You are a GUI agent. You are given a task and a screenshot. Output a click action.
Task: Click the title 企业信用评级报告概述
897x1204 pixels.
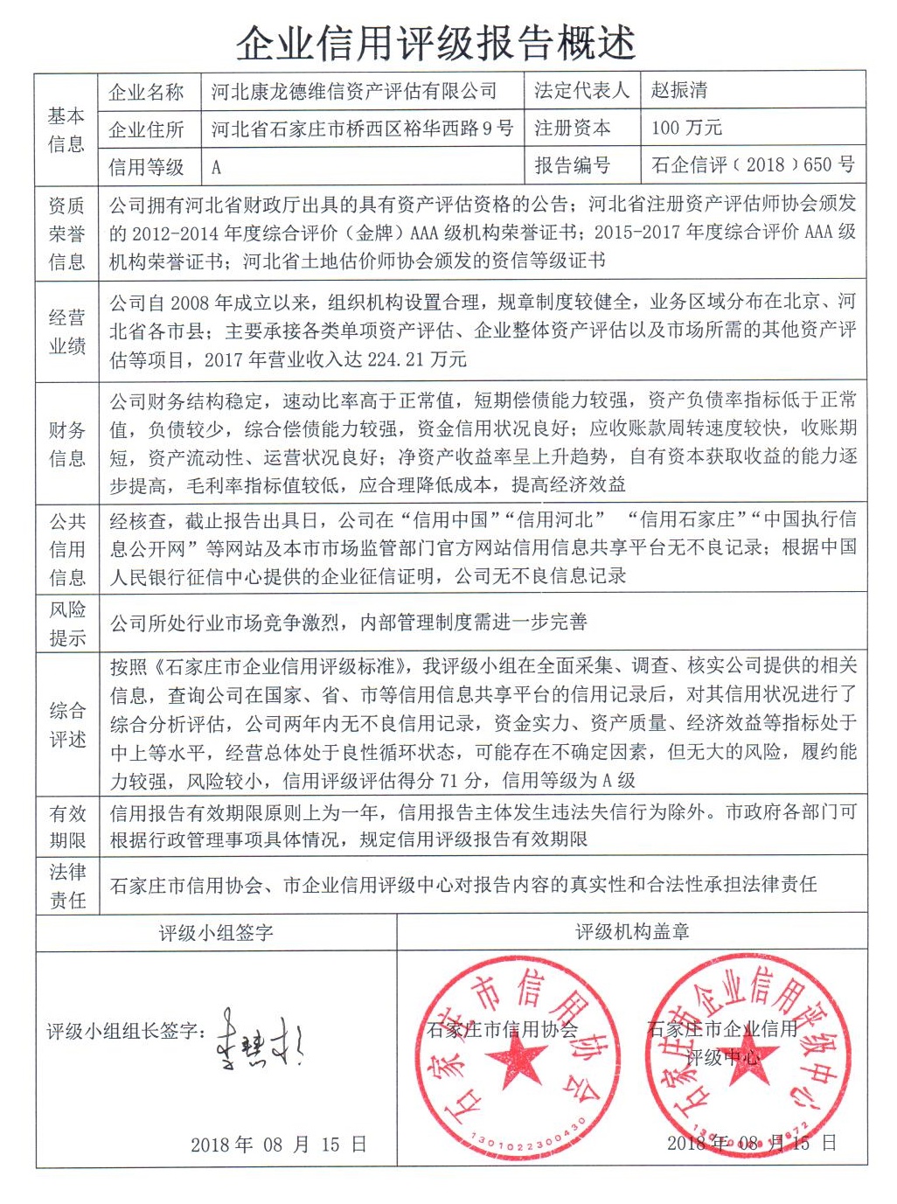pos(435,42)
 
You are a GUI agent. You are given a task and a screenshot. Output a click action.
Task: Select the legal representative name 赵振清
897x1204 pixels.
pos(679,91)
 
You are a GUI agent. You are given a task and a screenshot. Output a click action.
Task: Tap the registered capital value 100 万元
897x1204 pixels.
pos(686,128)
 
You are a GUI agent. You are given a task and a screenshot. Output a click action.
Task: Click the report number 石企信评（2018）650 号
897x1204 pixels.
pos(753,164)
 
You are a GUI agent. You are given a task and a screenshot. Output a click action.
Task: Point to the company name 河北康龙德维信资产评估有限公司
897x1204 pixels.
pos(354,91)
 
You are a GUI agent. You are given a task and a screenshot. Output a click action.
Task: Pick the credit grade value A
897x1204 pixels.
pos(216,166)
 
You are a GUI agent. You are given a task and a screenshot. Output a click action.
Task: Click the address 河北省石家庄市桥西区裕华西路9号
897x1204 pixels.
pos(362,129)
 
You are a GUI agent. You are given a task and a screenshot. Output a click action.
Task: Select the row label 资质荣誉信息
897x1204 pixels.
pos(66,233)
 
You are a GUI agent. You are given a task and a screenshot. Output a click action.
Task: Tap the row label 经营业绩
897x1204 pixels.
pos(66,331)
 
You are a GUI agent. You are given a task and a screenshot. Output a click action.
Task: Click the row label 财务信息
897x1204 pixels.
pos(66,443)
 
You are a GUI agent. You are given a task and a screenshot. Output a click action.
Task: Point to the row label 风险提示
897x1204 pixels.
pos(66,623)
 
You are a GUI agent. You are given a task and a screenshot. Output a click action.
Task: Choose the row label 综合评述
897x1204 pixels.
pos(66,725)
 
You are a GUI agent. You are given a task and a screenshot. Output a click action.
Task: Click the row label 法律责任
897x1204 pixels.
pos(66,886)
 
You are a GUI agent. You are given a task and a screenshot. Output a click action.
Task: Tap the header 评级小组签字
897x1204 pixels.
pos(216,933)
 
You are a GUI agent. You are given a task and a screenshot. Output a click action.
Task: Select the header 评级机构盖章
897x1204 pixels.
pos(632,932)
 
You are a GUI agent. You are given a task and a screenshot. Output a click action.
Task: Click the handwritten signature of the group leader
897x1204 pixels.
pos(260,1040)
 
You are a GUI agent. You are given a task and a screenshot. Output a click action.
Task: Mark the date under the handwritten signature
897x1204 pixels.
pos(278,1145)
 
